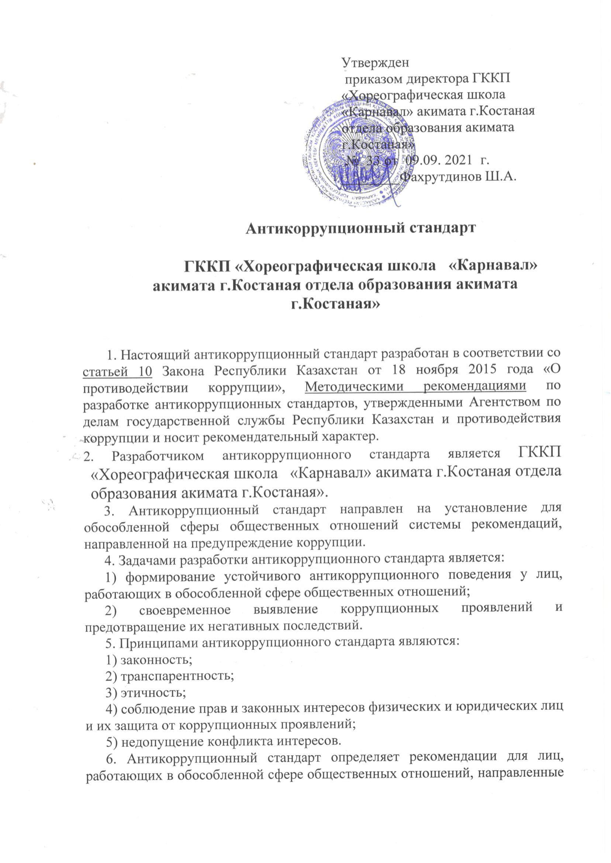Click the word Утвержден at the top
[x=375, y=62]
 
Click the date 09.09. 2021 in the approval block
[x=438, y=160]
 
